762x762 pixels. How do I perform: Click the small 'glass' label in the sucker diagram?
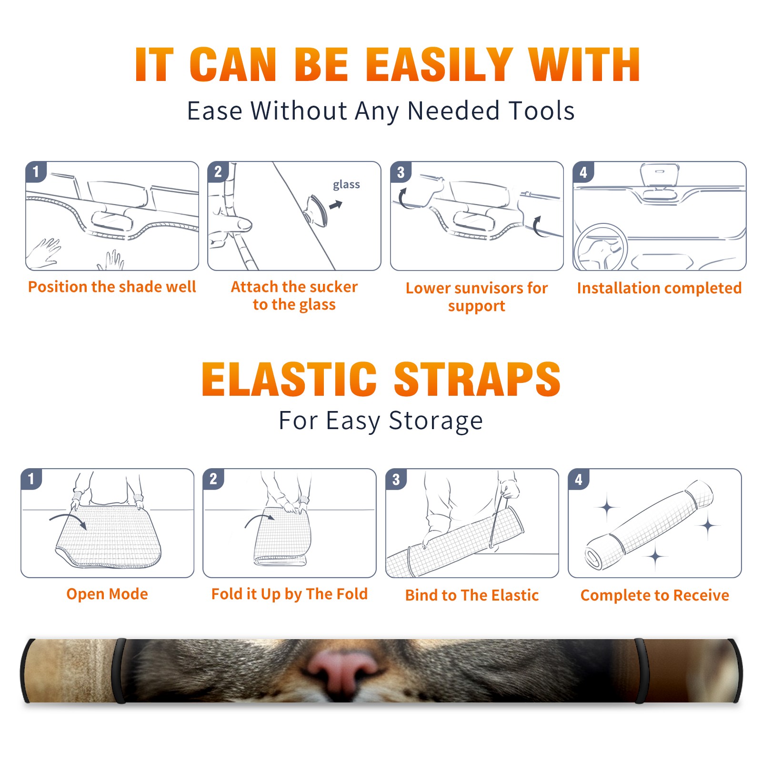346,185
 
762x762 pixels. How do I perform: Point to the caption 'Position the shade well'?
112,287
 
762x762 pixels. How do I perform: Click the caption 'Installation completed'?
659,288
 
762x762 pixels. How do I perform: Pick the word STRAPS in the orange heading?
477,379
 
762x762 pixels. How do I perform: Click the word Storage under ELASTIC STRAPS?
436,421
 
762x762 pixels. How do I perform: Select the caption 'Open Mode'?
107,594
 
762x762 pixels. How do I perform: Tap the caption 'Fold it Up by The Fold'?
290,594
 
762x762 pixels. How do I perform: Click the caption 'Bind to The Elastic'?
472,595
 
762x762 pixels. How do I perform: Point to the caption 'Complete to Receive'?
655,595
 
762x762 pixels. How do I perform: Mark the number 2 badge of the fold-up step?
213,479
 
